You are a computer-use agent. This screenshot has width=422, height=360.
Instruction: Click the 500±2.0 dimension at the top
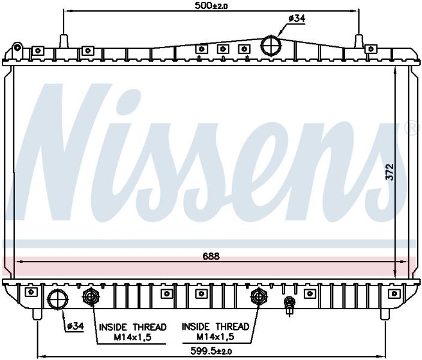tap(211, 6)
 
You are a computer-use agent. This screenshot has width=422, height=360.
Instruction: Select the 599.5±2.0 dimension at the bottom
tap(211, 351)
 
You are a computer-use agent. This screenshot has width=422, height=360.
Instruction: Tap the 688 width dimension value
tap(211, 256)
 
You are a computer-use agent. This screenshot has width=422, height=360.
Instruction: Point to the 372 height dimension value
tap(390, 172)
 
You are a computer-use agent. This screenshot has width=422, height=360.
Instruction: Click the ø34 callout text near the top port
tap(297, 19)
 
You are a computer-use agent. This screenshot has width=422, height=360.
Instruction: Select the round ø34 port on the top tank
tap(271, 45)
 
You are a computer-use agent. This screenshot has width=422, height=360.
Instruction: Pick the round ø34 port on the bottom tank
tap(58, 299)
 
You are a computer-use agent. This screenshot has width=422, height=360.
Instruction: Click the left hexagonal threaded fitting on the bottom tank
tap(91, 297)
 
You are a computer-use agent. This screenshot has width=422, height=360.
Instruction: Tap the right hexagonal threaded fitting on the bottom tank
tap(259, 297)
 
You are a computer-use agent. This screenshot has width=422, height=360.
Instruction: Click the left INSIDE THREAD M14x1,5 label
tap(133, 332)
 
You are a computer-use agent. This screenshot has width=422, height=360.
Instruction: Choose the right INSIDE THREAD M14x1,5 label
tap(216, 331)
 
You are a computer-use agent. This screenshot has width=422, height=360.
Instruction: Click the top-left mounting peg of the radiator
tap(64, 41)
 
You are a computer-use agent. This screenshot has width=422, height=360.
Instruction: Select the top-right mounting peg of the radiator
tap(358, 41)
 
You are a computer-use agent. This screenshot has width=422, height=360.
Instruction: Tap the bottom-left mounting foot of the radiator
tap(37, 314)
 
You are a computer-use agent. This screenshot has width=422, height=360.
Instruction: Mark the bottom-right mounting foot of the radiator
tap(385, 314)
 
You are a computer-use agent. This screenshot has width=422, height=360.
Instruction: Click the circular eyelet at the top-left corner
tap(17, 48)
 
